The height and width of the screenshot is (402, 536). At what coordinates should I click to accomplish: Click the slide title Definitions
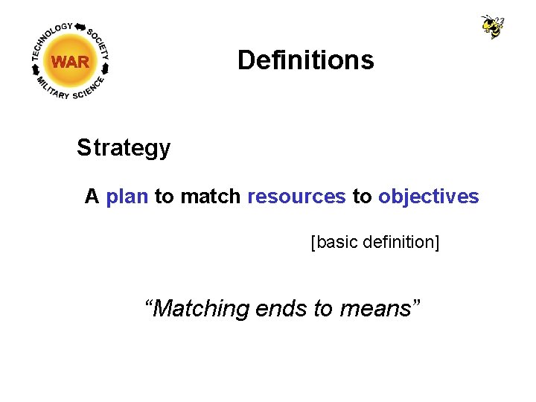coord(305,60)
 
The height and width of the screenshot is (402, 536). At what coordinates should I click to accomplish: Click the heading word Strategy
coord(124,148)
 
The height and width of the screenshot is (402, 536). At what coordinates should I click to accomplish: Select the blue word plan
coord(127,197)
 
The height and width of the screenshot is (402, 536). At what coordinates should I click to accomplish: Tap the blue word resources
coord(296,197)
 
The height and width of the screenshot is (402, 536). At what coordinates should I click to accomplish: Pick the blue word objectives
coord(428,197)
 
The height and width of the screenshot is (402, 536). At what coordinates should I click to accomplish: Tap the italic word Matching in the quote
coord(197,307)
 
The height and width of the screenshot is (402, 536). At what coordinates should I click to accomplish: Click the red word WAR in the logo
coord(70,63)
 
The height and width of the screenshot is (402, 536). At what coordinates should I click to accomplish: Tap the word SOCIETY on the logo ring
coord(98,44)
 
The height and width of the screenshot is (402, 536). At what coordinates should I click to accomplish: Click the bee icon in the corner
coord(493,26)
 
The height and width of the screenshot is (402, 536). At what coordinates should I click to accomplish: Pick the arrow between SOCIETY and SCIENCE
coord(106,68)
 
